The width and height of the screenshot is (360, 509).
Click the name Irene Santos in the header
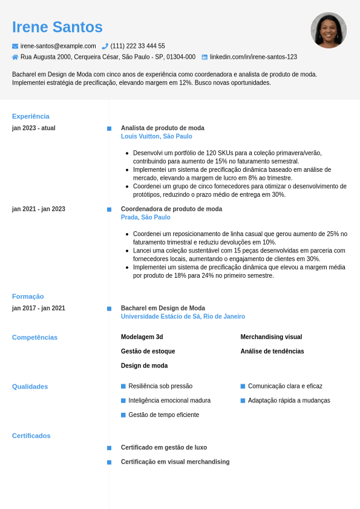point(57,27)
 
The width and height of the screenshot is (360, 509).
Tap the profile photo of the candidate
point(329,30)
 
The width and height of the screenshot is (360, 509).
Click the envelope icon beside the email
point(15,46)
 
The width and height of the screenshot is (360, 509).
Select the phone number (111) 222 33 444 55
point(137,46)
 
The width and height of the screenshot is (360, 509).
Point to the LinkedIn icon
point(205,57)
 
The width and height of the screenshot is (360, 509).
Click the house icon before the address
point(15,57)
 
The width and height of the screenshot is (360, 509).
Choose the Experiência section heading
point(31,116)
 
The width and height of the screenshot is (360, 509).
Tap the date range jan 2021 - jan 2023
point(39,209)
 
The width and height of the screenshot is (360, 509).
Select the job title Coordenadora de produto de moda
point(171,209)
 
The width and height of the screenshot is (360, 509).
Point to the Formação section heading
point(28,297)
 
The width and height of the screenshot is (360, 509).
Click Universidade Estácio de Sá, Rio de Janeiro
point(183,317)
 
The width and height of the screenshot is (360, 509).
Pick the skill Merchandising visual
point(271,337)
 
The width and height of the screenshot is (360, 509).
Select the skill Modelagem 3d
point(142,337)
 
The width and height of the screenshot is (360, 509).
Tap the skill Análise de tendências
point(272,352)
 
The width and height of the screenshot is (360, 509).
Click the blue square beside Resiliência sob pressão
point(123,386)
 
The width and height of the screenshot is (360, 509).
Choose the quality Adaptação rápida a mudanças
point(289,401)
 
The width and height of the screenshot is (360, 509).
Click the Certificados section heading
point(31,436)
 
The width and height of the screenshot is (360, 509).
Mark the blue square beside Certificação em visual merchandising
point(109,462)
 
